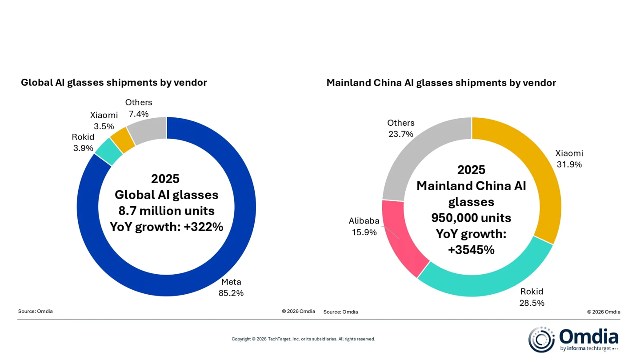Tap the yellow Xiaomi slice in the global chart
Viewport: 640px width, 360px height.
(x=123, y=139)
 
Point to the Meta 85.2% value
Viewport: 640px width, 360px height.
(x=231, y=293)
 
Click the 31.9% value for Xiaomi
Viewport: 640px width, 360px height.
(x=569, y=164)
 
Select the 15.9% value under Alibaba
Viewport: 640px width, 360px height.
(x=364, y=232)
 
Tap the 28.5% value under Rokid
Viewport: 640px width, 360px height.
(x=532, y=303)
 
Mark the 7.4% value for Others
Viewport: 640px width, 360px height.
(x=139, y=114)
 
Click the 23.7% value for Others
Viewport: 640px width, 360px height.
(x=400, y=134)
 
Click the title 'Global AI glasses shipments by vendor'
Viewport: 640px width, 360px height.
(x=114, y=83)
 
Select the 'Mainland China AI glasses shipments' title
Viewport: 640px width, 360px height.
(x=441, y=83)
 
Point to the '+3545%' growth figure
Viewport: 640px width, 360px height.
(x=471, y=250)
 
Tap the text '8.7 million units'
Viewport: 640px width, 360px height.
(x=166, y=211)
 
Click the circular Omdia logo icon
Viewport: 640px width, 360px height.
(x=541, y=339)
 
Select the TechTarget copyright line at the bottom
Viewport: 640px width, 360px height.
(x=303, y=339)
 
